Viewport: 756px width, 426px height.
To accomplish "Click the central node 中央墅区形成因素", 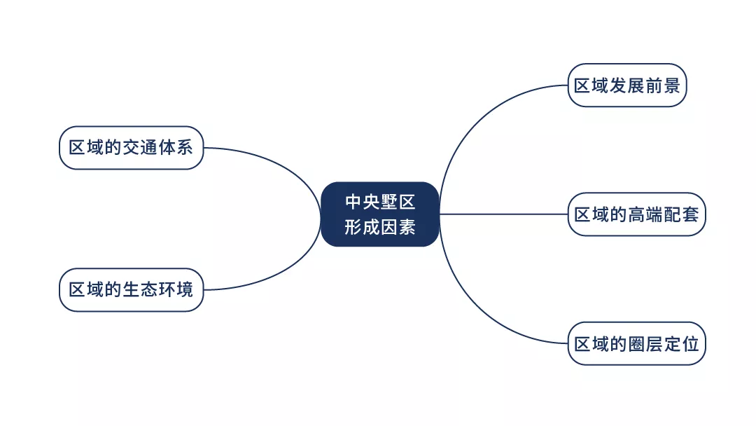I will click(380, 214).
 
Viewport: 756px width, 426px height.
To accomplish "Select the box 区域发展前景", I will click(627, 85).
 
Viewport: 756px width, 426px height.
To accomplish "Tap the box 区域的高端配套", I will click(636, 214).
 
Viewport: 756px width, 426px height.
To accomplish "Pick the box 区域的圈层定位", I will click(636, 344).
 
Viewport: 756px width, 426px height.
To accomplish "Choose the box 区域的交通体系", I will click(131, 148).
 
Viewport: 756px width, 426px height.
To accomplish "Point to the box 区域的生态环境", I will click(131, 289).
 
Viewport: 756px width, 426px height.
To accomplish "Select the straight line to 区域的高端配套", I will click(504, 214).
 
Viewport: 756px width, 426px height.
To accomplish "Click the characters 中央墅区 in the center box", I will click(380, 202).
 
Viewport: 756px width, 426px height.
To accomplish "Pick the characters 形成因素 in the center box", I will click(380, 227).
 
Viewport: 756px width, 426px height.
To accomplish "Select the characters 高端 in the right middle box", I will click(645, 214).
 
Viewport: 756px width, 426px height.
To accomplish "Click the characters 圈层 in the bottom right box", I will click(645, 344).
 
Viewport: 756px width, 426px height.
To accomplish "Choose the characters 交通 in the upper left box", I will click(140, 148).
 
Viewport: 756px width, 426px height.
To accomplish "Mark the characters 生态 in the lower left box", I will click(140, 289).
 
